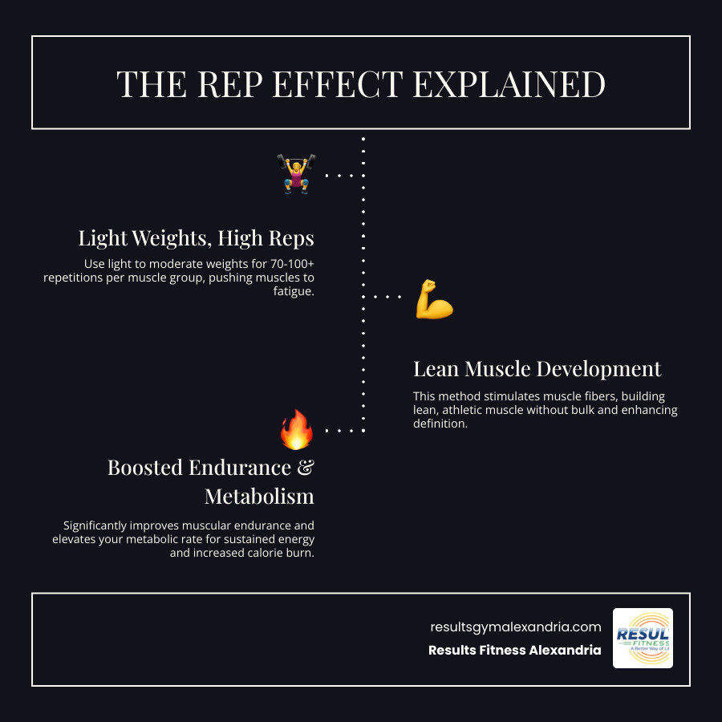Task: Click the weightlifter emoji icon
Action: [296, 174]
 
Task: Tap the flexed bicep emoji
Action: [434, 298]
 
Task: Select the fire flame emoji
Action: [296, 429]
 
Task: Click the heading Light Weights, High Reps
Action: [196, 238]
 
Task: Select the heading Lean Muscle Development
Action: [537, 369]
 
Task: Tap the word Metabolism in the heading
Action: [259, 496]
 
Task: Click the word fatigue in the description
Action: [294, 291]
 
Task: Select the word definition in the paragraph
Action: [440, 424]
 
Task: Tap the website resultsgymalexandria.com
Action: [515, 627]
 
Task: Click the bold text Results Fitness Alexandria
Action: [514, 650]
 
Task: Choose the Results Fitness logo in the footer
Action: [643, 638]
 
